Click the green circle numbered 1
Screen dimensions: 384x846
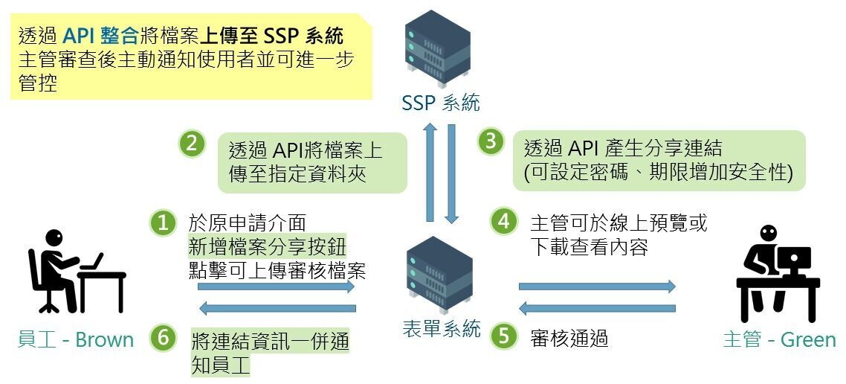coord(163,223)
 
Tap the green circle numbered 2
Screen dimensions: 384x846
coord(192,144)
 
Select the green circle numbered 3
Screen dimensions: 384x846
coord(491,142)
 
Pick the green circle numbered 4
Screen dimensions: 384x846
coord(504,221)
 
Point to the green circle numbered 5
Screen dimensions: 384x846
coord(504,336)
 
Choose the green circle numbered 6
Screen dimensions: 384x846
coord(163,338)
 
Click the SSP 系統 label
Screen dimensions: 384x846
coord(441,103)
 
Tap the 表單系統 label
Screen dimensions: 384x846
coord(441,329)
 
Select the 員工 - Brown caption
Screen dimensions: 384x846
coord(75,340)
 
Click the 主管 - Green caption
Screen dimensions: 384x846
coord(779,340)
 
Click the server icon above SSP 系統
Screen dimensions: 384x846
coord(439,53)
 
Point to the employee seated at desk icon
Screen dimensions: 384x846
coord(74,269)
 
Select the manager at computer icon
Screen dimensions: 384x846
coord(776,270)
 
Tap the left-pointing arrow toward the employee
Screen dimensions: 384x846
coord(277,308)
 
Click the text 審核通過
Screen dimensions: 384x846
coord(569,339)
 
